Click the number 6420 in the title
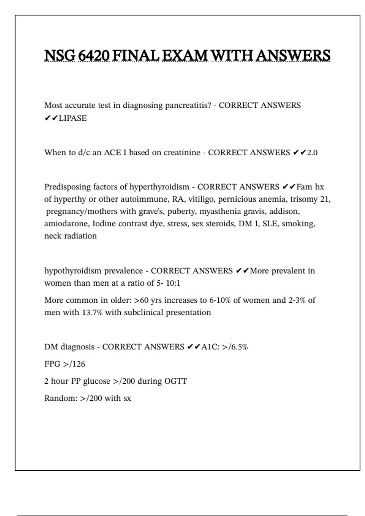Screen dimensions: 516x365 click(x=94, y=56)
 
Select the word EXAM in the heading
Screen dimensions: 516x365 click(x=185, y=56)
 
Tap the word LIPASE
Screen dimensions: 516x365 click(x=73, y=118)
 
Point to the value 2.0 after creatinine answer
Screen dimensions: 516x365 click(x=312, y=152)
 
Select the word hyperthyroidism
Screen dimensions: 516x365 click(x=159, y=187)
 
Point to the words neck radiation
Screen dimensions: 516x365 click(x=71, y=236)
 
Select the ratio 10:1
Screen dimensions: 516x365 click(x=173, y=283)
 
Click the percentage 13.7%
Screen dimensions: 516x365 click(x=92, y=312)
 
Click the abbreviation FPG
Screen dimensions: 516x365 click(x=52, y=364)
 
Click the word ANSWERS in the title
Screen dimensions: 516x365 click(x=293, y=56)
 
